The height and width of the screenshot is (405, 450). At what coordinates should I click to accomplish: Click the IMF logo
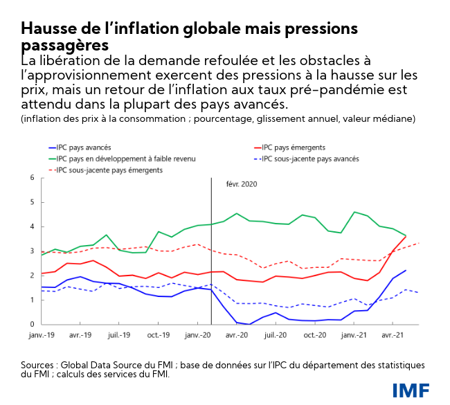411,390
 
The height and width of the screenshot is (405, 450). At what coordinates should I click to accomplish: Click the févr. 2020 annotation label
241,185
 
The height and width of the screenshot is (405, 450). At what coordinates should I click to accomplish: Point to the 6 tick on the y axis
32,178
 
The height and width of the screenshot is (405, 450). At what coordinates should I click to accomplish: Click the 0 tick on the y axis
32,324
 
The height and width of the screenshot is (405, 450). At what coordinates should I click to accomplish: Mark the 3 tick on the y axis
32,251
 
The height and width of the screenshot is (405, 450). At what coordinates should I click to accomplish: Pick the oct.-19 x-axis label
159,334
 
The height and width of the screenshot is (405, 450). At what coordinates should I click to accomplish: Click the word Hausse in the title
48,28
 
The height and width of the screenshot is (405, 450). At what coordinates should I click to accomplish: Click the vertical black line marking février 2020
210,263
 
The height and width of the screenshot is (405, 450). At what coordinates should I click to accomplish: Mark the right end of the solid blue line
406,271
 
